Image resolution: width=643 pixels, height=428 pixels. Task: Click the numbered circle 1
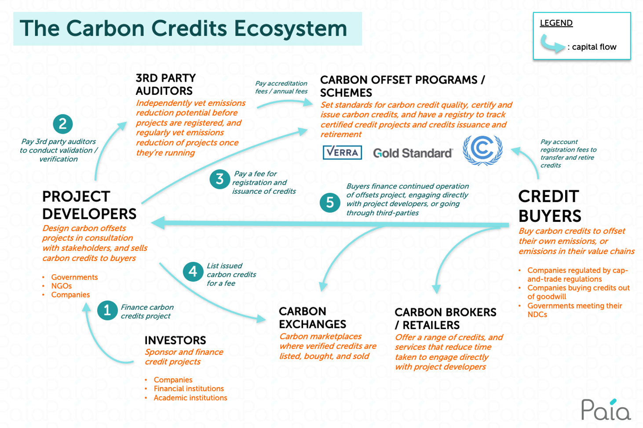click(107, 310)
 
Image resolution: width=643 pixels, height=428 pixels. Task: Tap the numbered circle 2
click(62, 124)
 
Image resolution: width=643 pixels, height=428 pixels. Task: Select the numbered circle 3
click(219, 179)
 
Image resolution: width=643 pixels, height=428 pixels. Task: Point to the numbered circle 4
click(193, 272)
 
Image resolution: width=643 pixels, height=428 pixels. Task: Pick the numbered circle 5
click(330, 203)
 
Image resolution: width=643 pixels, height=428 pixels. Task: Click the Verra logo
click(342, 152)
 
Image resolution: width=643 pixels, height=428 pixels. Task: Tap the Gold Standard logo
click(413, 153)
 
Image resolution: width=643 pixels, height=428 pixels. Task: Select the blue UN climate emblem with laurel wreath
click(482, 150)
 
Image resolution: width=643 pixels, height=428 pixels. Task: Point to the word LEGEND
click(556, 23)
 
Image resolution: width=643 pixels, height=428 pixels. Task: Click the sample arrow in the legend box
click(552, 44)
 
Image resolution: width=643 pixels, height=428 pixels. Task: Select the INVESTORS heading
click(175, 340)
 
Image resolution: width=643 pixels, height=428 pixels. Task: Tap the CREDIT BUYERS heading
click(550, 206)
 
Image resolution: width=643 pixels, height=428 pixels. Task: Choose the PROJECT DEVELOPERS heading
click(89, 205)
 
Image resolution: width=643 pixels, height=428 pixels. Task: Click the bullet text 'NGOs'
click(62, 286)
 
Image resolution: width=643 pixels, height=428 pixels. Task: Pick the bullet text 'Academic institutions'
click(190, 398)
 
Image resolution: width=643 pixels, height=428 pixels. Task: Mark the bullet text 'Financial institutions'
click(189, 389)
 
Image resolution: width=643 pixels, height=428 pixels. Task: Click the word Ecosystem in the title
click(290, 29)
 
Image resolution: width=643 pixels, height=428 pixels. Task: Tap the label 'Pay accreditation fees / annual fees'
click(281, 87)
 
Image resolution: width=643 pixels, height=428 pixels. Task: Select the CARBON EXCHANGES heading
click(312, 318)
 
